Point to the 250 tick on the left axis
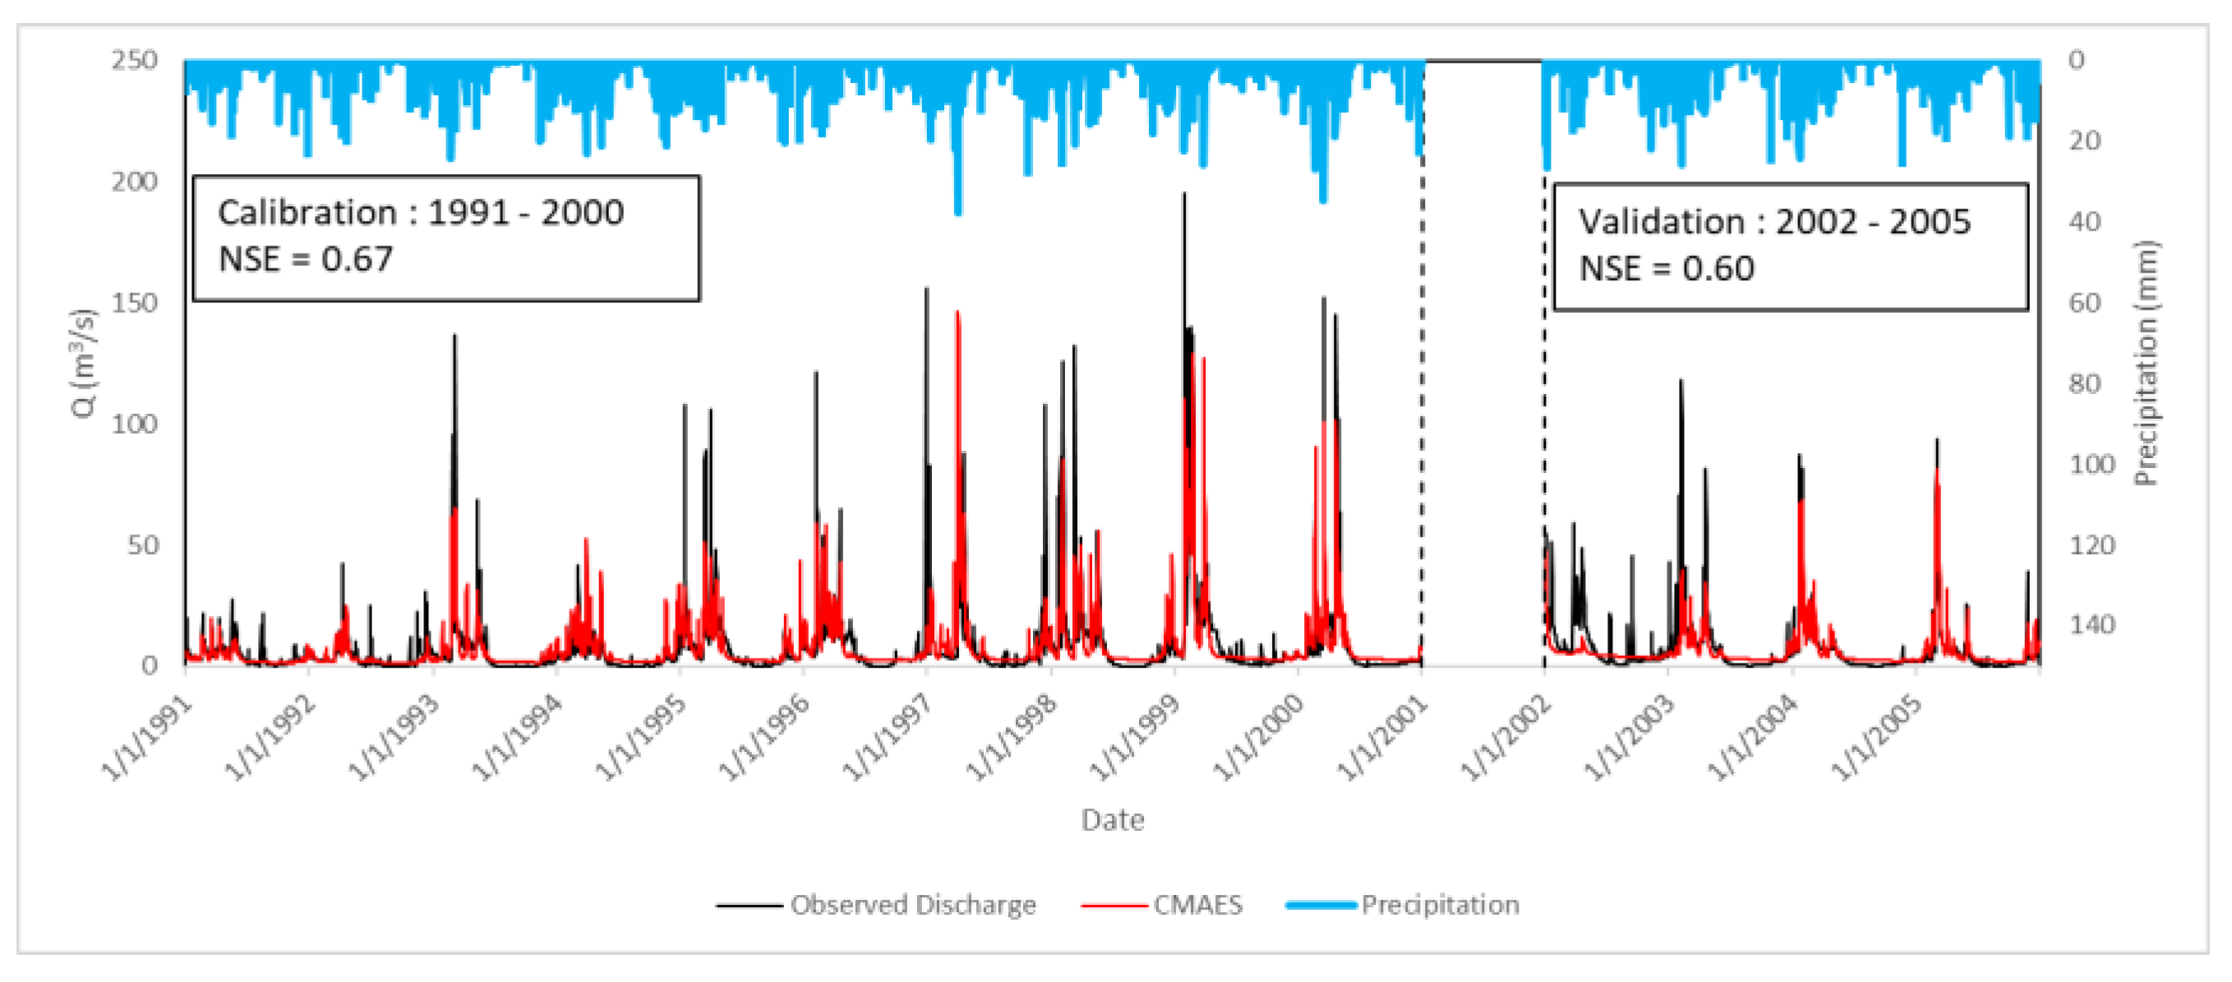point(134,61)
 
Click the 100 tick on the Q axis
point(134,424)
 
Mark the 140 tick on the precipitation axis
point(2091,624)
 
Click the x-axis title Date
point(1113,819)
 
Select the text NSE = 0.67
point(305,259)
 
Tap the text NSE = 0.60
point(1667,268)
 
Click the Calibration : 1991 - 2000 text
point(420,212)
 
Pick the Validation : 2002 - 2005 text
point(1773,222)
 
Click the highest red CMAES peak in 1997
point(957,314)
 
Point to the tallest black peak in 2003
point(1681,382)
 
